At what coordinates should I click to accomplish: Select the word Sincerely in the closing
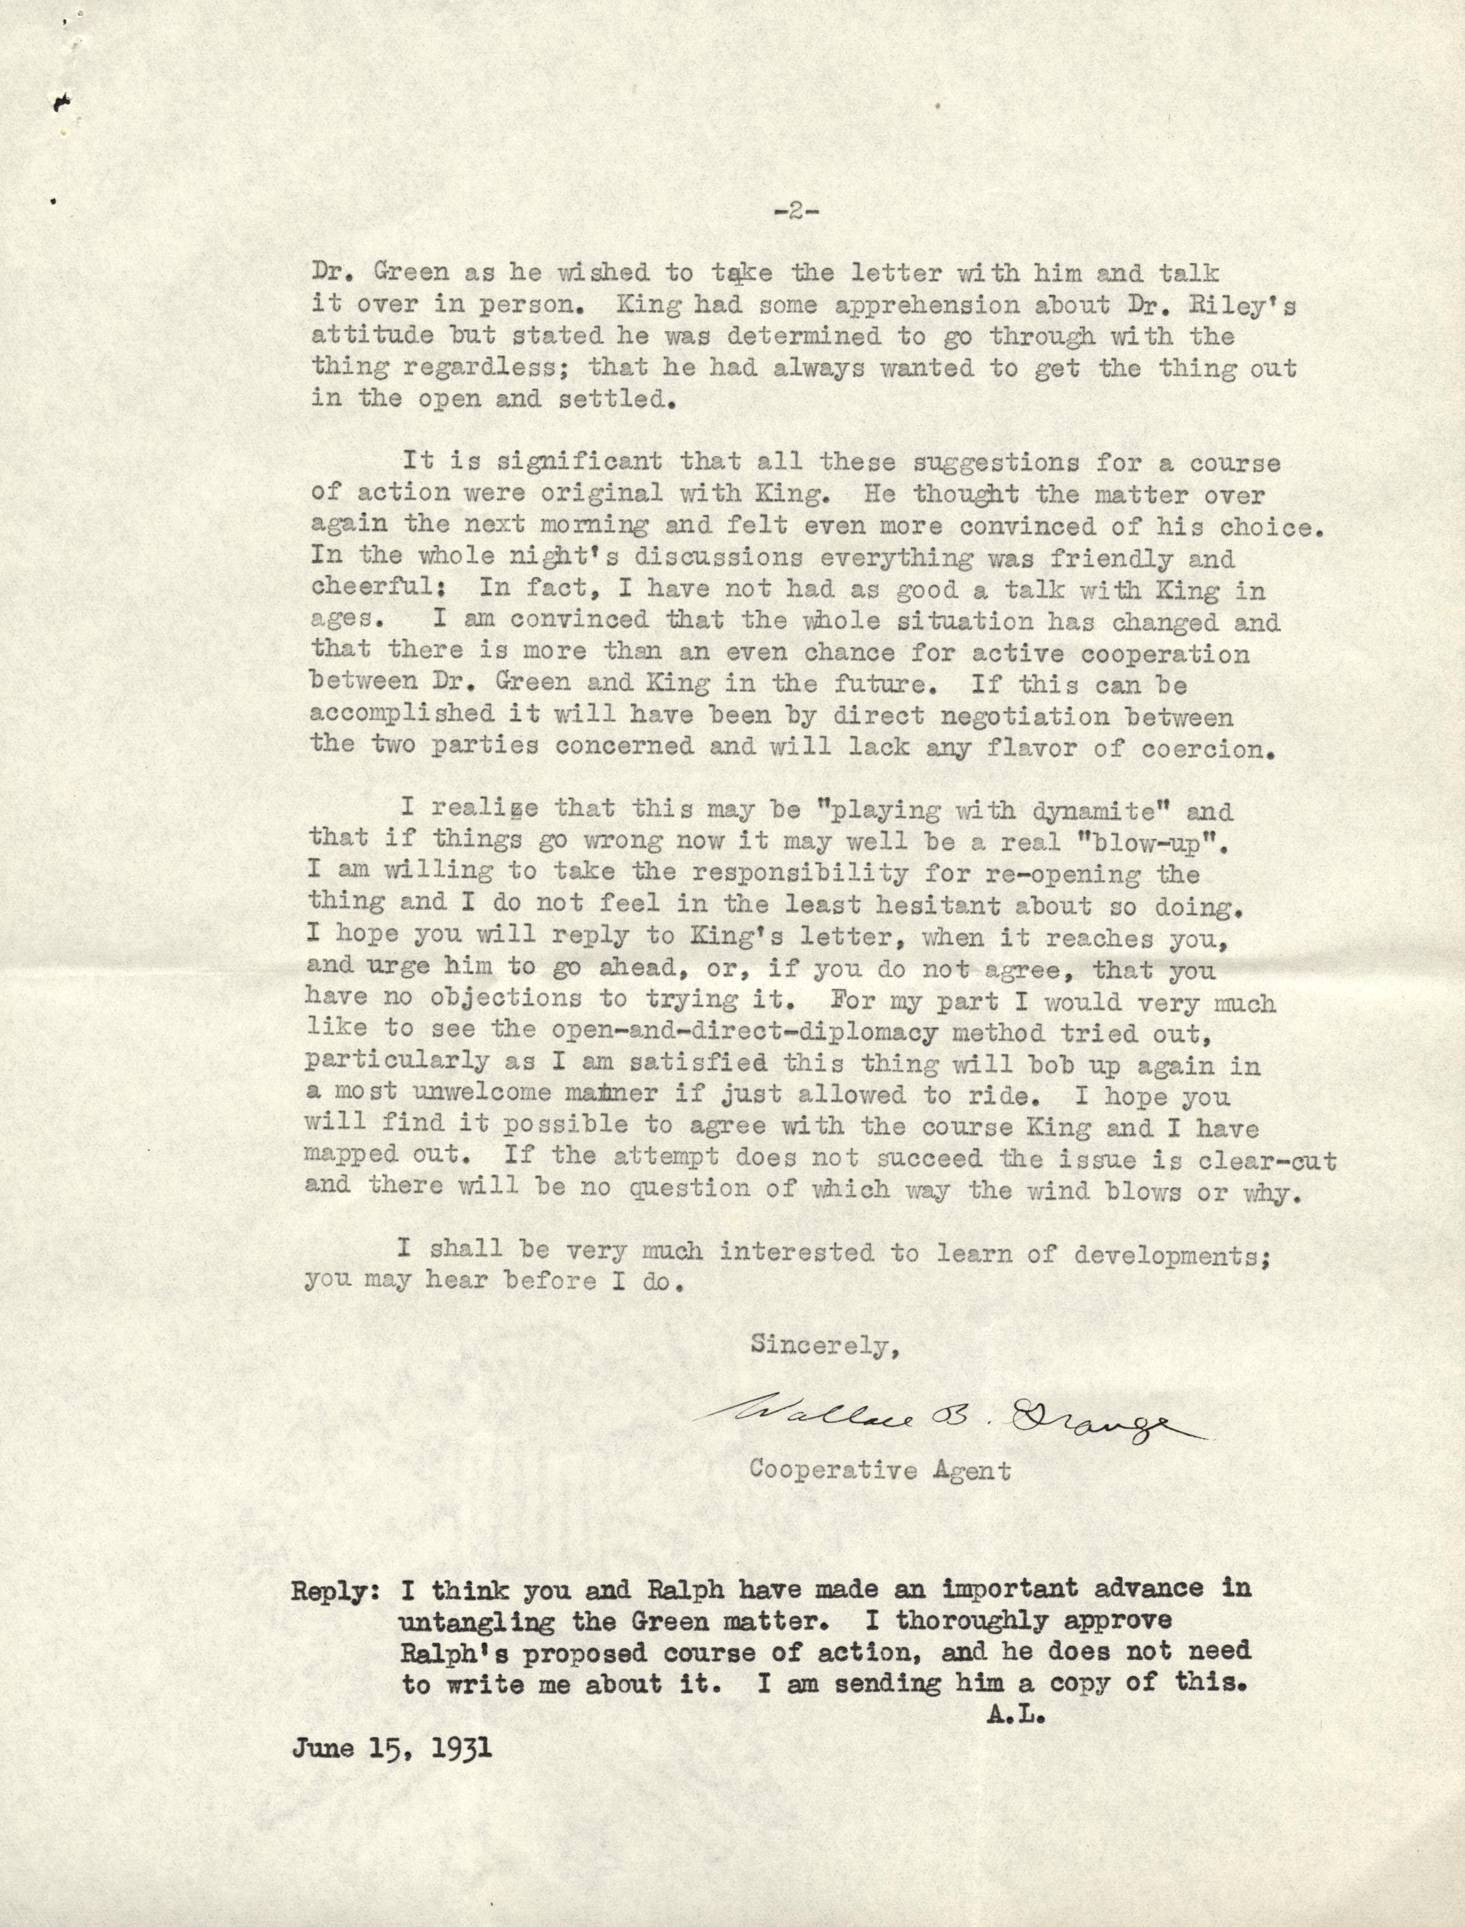point(825,1344)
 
